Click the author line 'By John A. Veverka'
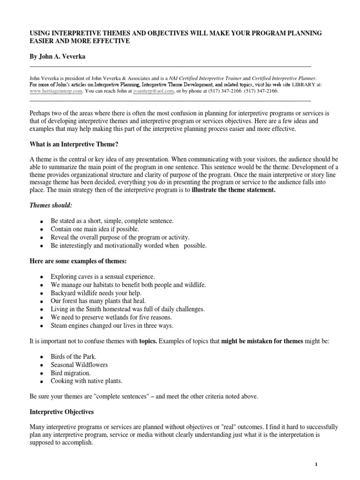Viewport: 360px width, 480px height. click(x=58, y=57)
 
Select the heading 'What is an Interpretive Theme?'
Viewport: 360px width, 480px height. click(x=75, y=144)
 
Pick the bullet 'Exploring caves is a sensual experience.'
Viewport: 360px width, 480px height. click(x=103, y=277)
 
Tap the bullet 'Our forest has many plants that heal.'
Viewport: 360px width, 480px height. click(x=98, y=301)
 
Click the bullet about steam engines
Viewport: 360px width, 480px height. click(x=112, y=325)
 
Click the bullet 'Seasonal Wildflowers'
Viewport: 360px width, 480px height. click(x=79, y=365)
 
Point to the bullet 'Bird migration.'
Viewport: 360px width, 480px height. click(x=71, y=373)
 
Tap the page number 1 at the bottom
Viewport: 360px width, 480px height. click(x=316, y=464)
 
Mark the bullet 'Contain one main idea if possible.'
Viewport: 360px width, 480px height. click(x=95, y=229)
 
